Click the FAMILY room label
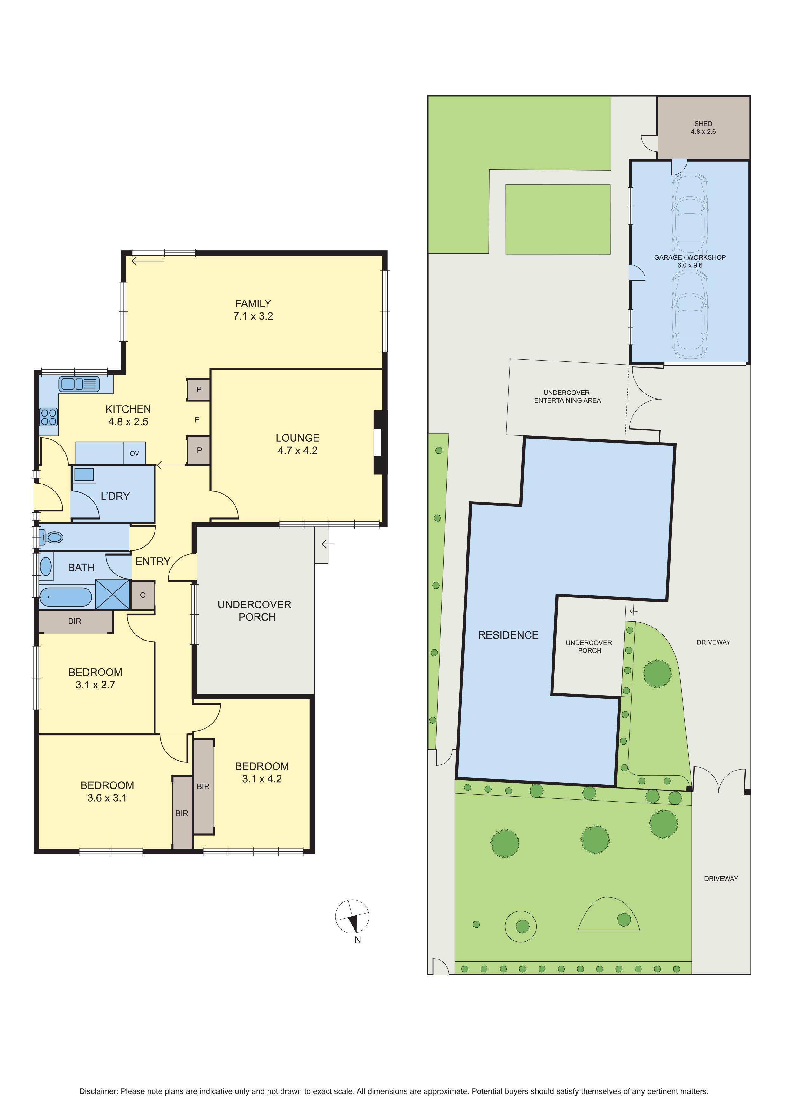(x=253, y=304)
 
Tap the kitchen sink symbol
(x=79, y=384)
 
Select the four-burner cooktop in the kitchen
(x=49, y=417)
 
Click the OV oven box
(x=134, y=453)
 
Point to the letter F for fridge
(x=197, y=419)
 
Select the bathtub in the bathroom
(x=65, y=597)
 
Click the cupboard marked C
(x=142, y=595)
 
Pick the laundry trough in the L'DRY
(x=84, y=474)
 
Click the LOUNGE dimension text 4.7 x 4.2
(x=298, y=451)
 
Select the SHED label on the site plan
(x=703, y=123)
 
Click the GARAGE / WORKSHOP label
(x=690, y=257)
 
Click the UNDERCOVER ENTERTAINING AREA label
(x=567, y=396)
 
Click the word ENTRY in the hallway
(x=153, y=561)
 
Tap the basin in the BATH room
(x=46, y=566)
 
